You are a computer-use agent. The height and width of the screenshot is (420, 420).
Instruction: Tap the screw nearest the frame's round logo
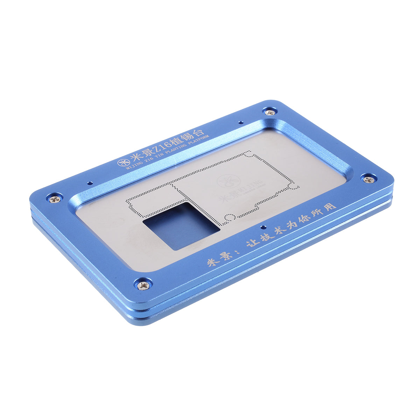(x=55, y=199)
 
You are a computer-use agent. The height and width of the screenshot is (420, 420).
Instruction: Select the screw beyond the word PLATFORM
(x=270, y=112)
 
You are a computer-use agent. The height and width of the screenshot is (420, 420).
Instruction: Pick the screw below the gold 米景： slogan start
(x=143, y=286)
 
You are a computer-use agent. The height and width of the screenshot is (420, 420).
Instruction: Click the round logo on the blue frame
(x=122, y=163)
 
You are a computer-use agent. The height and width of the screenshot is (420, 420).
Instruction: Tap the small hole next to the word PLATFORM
(x=240, y=122)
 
